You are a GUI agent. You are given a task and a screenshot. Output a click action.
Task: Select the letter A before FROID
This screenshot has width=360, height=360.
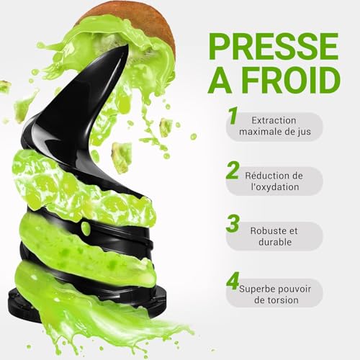[x=220, y=81]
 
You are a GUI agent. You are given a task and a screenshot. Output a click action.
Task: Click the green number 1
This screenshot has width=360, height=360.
[x=233, y=117]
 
